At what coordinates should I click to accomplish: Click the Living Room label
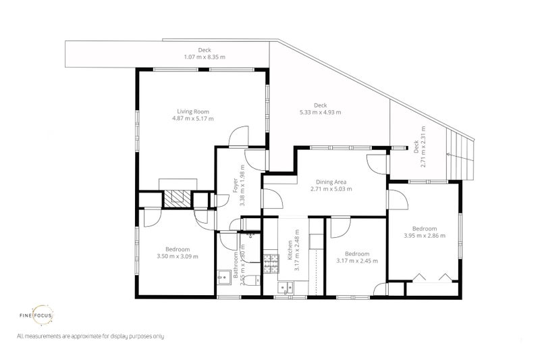coord(193,111)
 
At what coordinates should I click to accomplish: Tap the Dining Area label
coord(331,181)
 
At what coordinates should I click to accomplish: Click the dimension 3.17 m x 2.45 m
coord(356,261)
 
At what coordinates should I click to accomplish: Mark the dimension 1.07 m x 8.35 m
coord(205,57)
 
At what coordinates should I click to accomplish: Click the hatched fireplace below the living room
coord(178,199)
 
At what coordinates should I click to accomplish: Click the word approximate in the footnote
coord(78,336)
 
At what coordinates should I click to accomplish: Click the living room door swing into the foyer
coord(238,136)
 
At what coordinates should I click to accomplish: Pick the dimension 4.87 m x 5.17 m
coord(193,118)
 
